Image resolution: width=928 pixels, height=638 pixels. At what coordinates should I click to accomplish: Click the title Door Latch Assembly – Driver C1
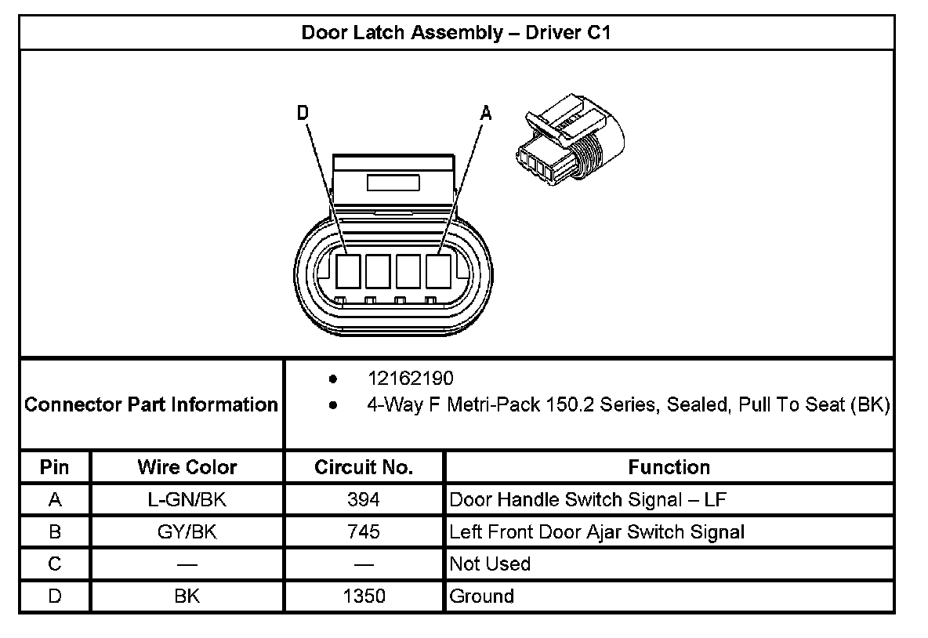coord(457,33)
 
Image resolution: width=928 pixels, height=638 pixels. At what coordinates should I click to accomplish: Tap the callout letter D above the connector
coord(303,114)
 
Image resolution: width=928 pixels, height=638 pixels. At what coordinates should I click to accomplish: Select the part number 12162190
coord(411,379)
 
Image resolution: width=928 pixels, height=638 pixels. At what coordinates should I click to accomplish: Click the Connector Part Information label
coord(151,405)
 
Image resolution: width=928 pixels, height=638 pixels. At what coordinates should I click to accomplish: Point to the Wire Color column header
coord(187,468)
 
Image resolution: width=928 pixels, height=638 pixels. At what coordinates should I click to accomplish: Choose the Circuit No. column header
coord(364,468)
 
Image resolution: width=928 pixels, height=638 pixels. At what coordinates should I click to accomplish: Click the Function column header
coord(669,468)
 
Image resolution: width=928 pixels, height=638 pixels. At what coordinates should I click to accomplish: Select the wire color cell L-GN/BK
coord(187,500)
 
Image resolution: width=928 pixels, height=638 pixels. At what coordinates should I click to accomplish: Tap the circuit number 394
coord(364,500)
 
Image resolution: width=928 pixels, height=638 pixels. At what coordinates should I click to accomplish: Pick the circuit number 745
coord(364,532)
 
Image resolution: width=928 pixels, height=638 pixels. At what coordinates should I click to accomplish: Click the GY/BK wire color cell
coord(187,532)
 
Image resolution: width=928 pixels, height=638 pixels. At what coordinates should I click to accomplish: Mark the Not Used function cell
coord(490,564)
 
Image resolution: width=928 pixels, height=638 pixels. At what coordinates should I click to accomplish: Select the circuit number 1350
coord(364,596)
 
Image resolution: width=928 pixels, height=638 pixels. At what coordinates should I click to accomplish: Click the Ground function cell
coord(482,596)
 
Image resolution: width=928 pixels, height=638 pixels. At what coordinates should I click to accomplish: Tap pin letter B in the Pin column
coord(55,532)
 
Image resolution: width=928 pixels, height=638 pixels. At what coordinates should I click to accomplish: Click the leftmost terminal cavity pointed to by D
coord(348,272)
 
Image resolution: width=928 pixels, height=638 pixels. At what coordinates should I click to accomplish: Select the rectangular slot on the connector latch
coord(393,183)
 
